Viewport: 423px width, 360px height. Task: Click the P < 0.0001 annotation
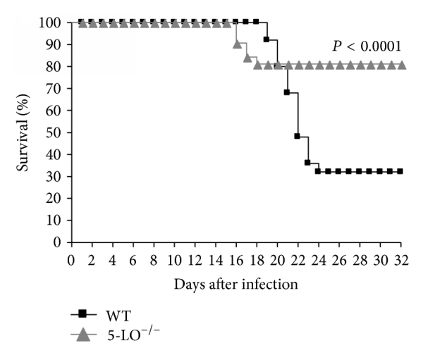coord(367,47)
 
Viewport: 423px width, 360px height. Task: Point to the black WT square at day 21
coord(287,92)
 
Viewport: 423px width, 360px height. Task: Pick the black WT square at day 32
coord(400,171)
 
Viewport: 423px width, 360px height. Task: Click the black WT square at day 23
coord(307,162)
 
